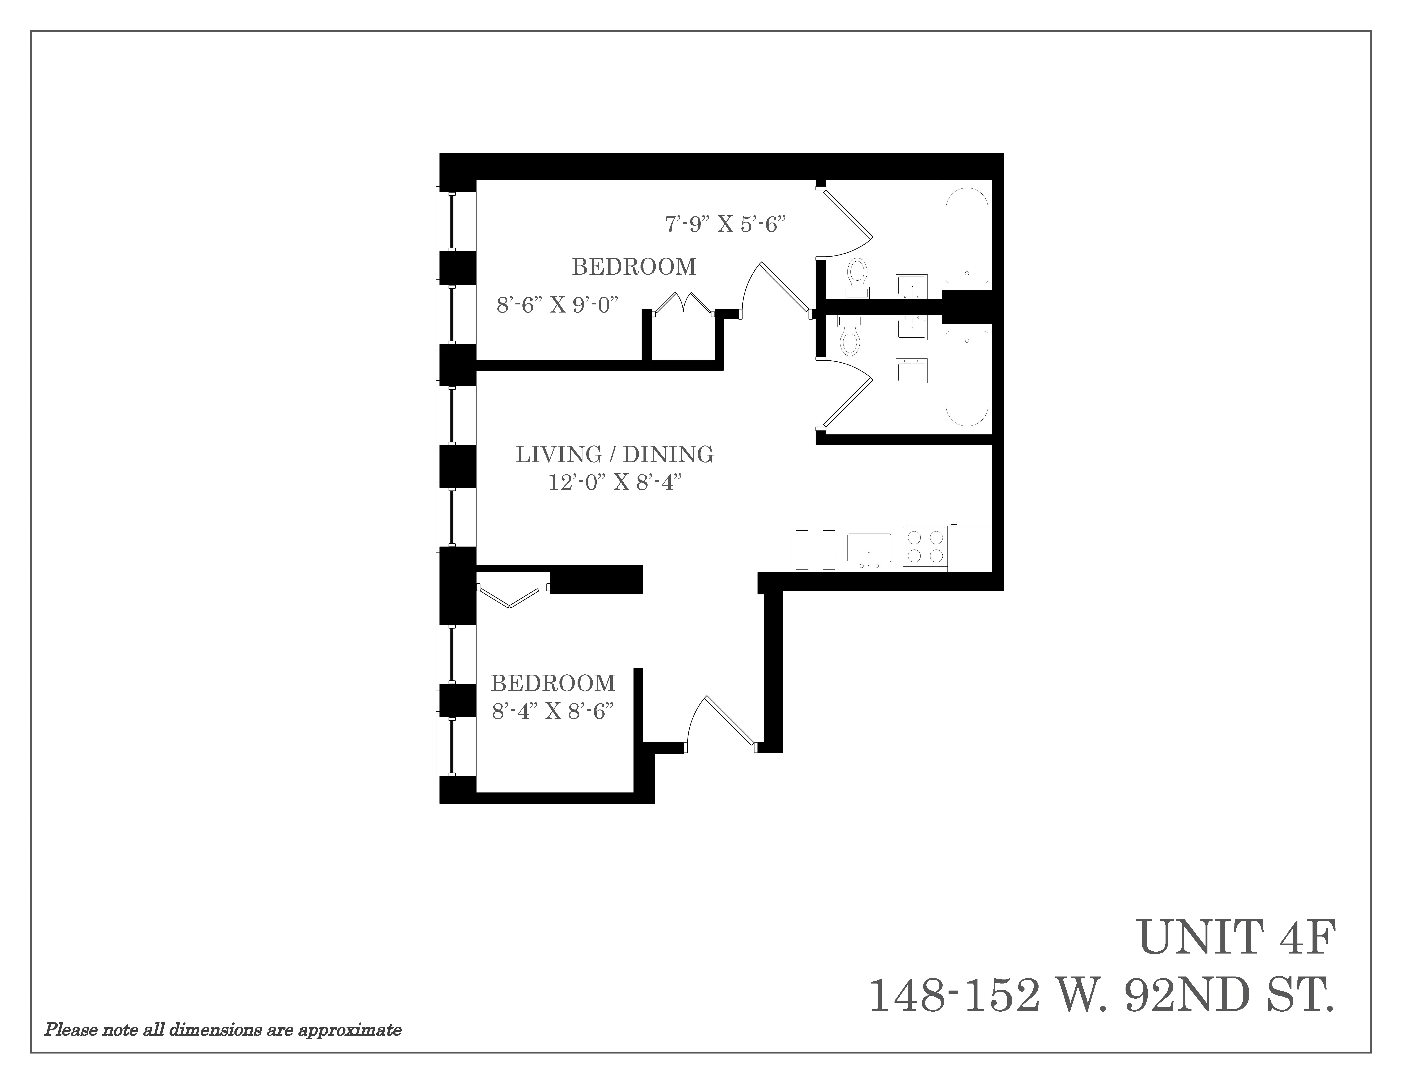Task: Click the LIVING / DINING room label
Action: tap(615, 454)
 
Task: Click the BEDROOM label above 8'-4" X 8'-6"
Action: tap(553, 683)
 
